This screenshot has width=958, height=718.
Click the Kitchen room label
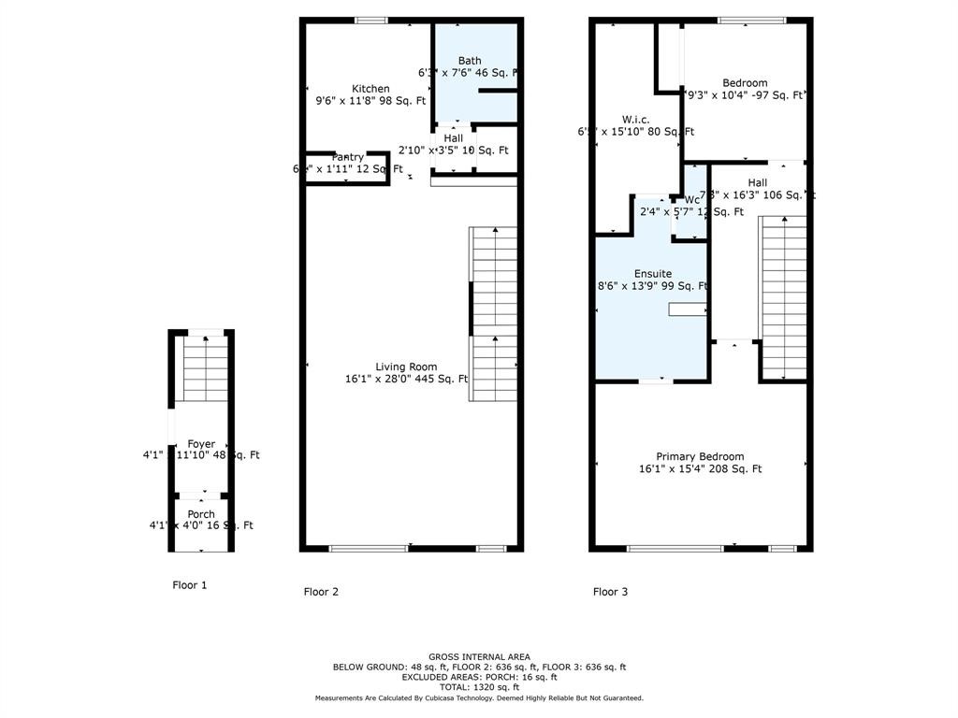[370, 89]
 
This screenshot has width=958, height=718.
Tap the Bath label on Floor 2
[470, 61]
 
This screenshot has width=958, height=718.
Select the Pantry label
[348, 157]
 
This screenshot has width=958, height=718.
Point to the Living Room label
[406, 367]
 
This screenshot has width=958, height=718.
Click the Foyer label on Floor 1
[201, 444]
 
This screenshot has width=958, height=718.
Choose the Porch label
[201, 514]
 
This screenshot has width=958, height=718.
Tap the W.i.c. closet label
[636, 120]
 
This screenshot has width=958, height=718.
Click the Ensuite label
[653, 274]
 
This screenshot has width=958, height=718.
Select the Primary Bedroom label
[700, 456]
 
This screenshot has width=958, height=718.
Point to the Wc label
[692, 200]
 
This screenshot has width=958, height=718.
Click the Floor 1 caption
[190, 585]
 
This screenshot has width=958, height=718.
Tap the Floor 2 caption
[321, 592]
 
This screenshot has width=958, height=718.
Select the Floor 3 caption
[610, 592]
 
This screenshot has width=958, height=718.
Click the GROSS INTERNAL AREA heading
[479, 657]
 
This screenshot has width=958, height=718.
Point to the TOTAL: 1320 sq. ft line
[479, 687]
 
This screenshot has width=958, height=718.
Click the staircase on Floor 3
[783, 294]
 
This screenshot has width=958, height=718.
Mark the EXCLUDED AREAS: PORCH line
[479, 677]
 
